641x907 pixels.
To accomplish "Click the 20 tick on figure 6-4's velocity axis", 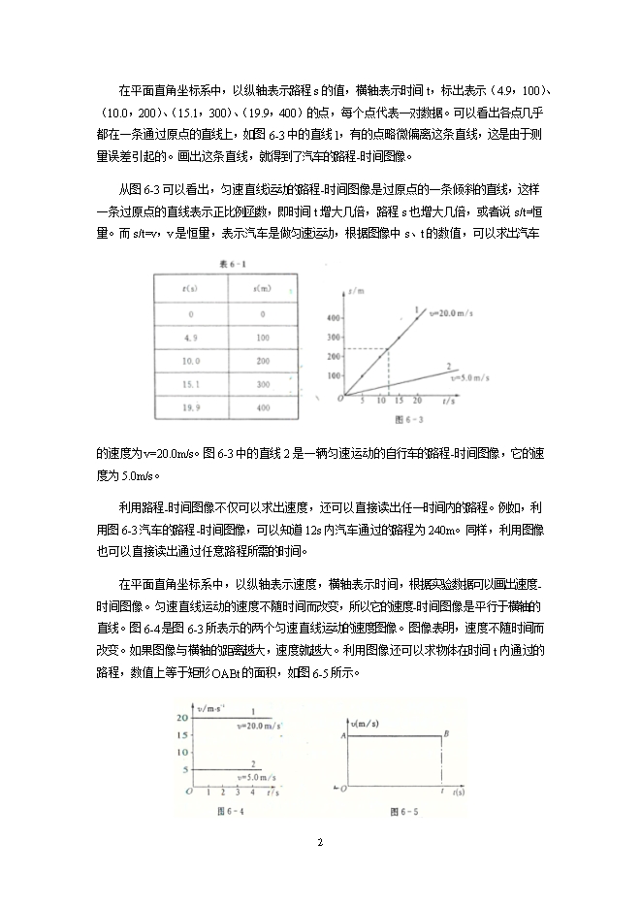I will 182,717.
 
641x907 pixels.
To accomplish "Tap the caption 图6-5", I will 403,810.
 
